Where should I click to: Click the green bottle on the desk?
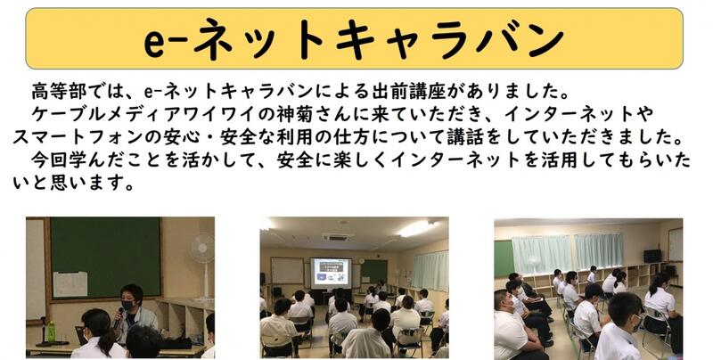(51, 331)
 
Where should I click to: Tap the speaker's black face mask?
(128, 305)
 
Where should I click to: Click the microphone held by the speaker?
(119, 317)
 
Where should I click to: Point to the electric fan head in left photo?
(202, 249)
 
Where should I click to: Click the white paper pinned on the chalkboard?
(70, 284)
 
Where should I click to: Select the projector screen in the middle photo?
(331, 272)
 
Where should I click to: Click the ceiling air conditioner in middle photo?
(338, 237)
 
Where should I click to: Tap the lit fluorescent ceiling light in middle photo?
(416, 229)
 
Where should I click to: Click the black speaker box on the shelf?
(652, 256)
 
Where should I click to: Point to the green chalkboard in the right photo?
(504, 258)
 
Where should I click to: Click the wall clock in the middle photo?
(361, 261)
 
